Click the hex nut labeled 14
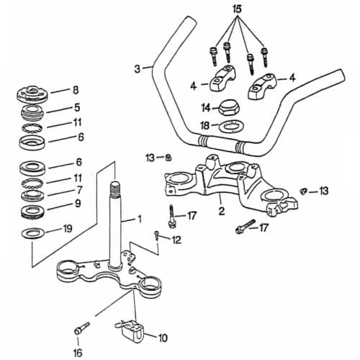[x=230, y=109]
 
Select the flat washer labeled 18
[x=231, y=126]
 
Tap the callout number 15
[x=237, y=9]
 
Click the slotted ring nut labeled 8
[x=32, y=94]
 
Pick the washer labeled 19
[x=32, y=233]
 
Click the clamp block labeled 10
[x=131, y=331]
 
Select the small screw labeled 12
[x=156, y=235]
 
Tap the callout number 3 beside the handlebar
[x=137, y=69]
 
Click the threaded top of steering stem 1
[x=115, y=189]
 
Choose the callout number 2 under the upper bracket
[x=222, y=211]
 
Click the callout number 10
[x=163, y=338]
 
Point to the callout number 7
[x=79, y=190]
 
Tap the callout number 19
[x=67, y=228]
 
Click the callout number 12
[x=176, y=240]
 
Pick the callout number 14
[x=206, y=108]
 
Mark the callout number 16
[x=78, y=353]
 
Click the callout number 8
[x=76, y=90]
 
